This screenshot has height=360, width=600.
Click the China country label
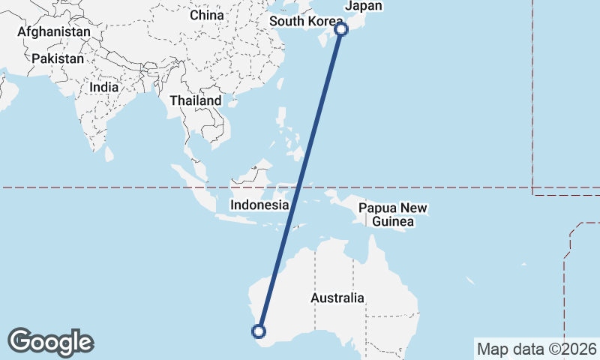(x=207, y=15)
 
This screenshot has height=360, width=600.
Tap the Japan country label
(x=363, y=6)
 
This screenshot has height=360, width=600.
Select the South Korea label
(x=306, y=21)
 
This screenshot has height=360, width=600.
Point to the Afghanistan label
(x=53, y=32)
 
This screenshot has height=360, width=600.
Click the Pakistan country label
(x=56, y=58)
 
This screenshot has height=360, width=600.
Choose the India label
(x=103, y=87)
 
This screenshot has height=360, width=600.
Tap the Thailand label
(x=196, y=100)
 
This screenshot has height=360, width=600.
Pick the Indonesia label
(x=259, y=205)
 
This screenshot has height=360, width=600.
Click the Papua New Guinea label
(x=393, y=214)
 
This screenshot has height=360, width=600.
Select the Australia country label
(x=337, y=298)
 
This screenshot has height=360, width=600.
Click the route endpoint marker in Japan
(x=341, y=29)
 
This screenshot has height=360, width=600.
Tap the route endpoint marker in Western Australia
(x=259, y=331)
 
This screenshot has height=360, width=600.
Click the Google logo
(x=50, y=342)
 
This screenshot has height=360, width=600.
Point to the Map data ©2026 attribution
(x=537, y=349)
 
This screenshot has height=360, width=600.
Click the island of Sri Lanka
(x=109, y=154)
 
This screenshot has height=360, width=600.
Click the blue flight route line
(x=300, y=180)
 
